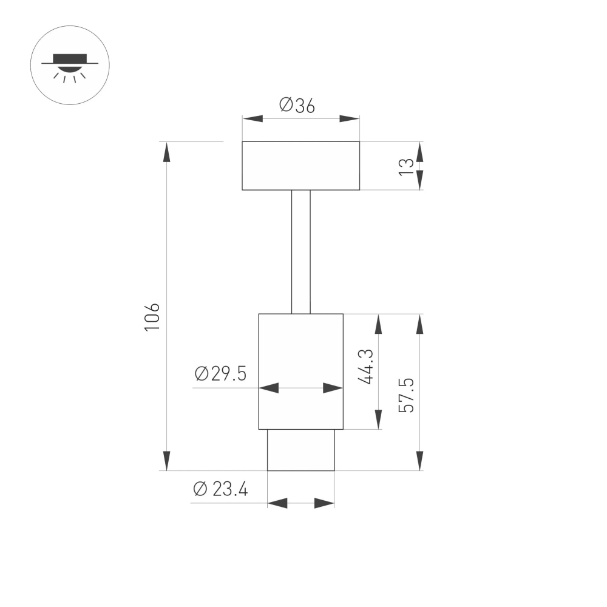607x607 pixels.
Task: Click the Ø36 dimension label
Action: (297, 106)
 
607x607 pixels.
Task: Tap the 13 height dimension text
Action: (407, 166)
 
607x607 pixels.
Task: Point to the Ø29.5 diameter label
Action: (220, 374)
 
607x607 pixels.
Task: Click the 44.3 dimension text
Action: (365, 366)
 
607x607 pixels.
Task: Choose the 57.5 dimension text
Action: (407, 395)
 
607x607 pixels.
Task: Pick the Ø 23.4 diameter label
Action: (220, 489)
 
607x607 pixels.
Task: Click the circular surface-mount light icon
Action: (70, 65)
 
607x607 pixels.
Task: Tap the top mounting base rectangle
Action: (300, 166)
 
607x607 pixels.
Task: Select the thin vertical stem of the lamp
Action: (300, 251)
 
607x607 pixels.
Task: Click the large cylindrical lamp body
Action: (300, 352)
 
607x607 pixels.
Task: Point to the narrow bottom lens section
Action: (300, 450)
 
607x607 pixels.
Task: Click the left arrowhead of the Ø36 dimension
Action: (253, 118)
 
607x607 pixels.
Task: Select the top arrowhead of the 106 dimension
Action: (166, 152)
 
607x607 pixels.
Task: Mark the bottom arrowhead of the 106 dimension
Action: (166, 461)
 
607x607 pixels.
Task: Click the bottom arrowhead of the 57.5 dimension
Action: (419, 461)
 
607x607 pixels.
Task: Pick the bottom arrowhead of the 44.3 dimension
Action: (378, 419)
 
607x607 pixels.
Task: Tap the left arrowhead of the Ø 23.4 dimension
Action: (277, 503)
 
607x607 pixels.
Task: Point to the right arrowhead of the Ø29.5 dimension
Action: (333, 388)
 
